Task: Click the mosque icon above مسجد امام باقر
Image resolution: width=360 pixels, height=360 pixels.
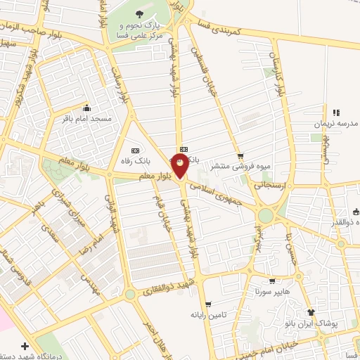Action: tap(86, 108)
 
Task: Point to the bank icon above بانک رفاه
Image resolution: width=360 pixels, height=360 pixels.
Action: tap(135, 150)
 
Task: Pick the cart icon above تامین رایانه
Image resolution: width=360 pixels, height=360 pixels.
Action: tap(194, 304)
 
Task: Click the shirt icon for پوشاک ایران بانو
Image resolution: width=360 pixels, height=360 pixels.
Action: tap(309, 312)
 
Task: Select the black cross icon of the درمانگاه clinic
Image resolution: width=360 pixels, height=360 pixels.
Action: tap(25, 347)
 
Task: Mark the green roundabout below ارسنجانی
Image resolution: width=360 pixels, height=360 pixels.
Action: tap(266, 214)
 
